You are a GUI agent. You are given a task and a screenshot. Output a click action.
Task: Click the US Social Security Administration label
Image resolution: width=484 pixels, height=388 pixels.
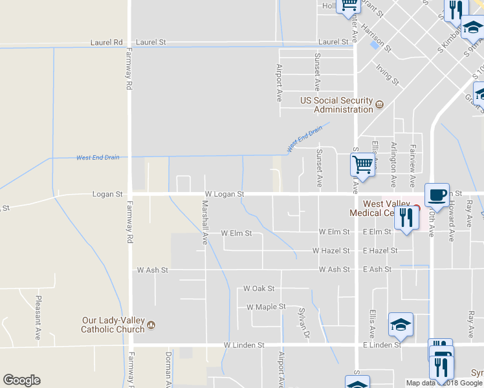click(336, 105)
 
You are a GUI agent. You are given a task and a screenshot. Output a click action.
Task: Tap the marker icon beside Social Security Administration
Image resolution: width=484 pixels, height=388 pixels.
click(380, 104)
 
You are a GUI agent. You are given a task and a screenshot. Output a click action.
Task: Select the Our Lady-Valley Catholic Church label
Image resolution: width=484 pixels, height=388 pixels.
click(113, 325)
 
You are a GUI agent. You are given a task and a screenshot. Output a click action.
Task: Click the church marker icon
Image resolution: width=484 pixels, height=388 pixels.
click(151, 324)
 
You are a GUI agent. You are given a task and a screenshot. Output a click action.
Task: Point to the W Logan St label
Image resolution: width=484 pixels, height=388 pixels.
click(224, 194)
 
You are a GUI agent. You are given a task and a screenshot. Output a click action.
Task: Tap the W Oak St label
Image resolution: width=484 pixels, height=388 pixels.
click(259, 288)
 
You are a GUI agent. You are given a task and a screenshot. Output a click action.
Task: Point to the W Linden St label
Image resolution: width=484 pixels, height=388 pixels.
click(244, 345)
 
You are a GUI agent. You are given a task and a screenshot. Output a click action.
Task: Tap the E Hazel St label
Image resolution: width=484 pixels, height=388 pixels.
click(380, 250)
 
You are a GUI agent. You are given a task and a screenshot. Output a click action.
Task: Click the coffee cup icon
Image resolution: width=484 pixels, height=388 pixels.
click(437, 195)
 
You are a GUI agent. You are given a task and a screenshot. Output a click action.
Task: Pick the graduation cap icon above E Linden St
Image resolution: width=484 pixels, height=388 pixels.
click(401, 325)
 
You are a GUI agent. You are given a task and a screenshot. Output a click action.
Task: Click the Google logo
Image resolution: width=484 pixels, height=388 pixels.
click(21, 380)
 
